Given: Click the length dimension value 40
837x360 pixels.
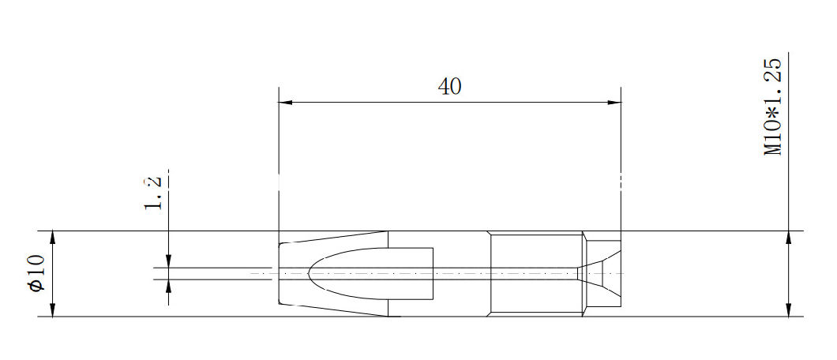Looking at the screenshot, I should pos(449,87).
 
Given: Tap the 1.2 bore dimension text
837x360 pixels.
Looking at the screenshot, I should pos(154,192).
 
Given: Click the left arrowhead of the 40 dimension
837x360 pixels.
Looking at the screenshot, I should pos(285,103).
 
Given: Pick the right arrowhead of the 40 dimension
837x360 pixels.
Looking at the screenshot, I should pos(614,103).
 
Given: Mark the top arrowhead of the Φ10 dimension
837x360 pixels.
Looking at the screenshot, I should pos(53,237).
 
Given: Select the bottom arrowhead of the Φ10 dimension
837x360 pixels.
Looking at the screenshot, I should pos(53,311).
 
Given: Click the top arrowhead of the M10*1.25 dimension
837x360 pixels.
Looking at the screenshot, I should pos(789,237).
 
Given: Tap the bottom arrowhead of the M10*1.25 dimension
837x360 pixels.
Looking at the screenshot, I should pos(789,311).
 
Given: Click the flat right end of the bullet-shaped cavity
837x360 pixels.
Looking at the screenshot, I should pos(434,273).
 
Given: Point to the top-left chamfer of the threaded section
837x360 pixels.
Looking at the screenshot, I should pos(490,234).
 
